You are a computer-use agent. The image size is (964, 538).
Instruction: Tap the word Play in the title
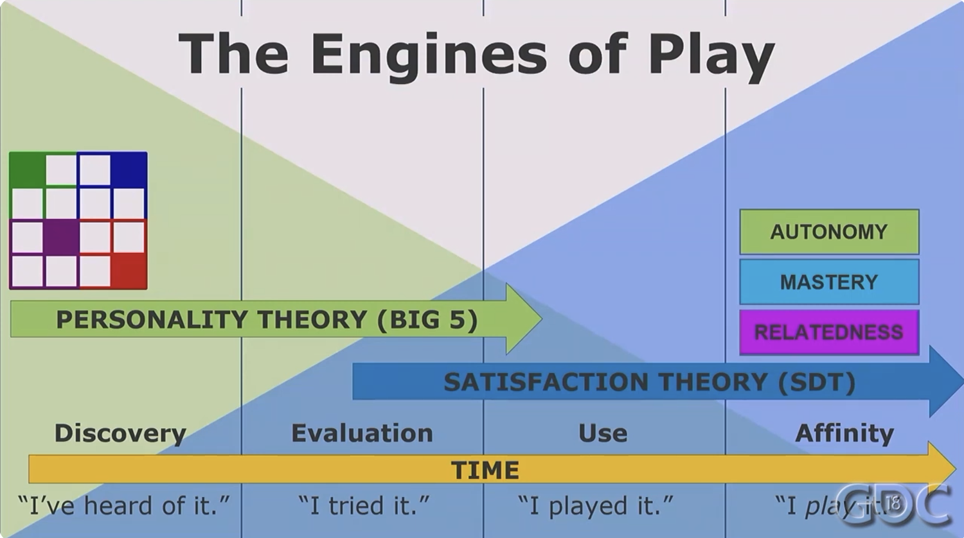[x=711, y=56]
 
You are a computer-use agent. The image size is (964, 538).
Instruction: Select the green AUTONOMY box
[x=829, y=232]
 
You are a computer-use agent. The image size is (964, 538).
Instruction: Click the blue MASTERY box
[x=829, y=282]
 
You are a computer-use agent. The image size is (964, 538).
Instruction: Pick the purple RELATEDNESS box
[x=829, y=332]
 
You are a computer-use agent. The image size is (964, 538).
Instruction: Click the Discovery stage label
[x=121, y=433]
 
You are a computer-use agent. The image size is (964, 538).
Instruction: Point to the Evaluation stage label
[x=362, y=433]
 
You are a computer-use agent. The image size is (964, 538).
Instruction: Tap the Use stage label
[x=603, y=433]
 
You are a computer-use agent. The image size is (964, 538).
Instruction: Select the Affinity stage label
[x=844, y=433]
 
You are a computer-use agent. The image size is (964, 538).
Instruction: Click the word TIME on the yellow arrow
[x=485, y=470]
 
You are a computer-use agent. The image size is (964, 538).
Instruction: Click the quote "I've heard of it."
[x=123, y=505]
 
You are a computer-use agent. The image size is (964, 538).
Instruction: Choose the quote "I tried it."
[x=364, y=505]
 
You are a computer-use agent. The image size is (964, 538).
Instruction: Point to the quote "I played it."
[x=595, y=505]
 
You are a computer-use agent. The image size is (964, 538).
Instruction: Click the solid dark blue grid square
[x=129, y=170]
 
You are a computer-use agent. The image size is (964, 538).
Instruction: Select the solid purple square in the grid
[x=61, y=237]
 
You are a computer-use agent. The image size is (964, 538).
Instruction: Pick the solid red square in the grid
[x=129, y=270]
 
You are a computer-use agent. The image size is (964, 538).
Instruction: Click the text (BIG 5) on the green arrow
[x=427, y=320]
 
